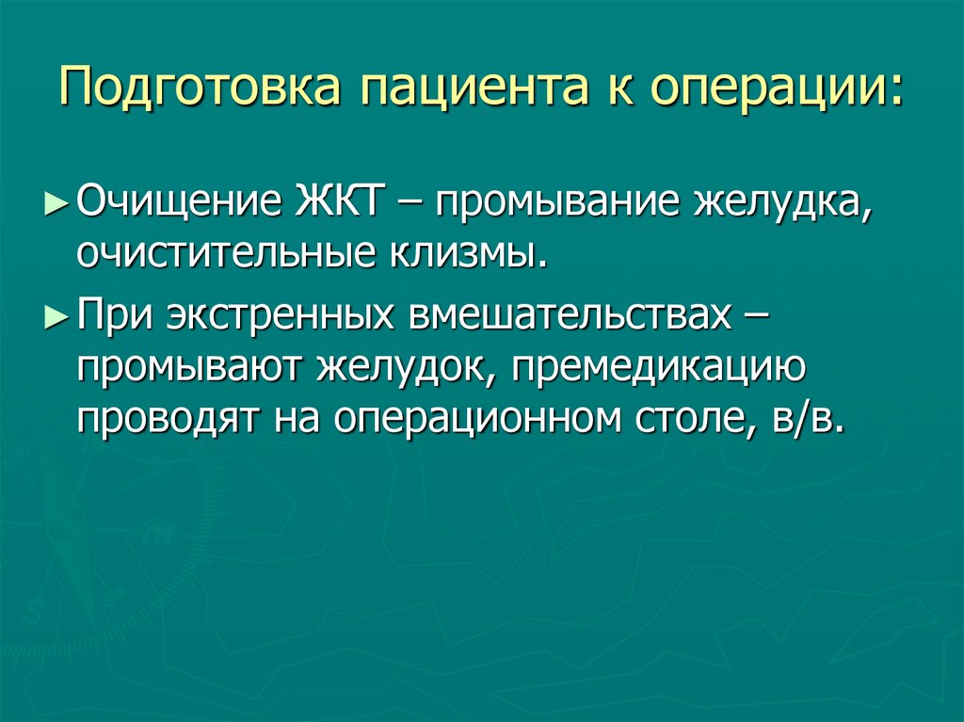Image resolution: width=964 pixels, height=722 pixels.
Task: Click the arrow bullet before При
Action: (56, 317)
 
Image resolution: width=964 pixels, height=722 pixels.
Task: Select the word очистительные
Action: (225, 252)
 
